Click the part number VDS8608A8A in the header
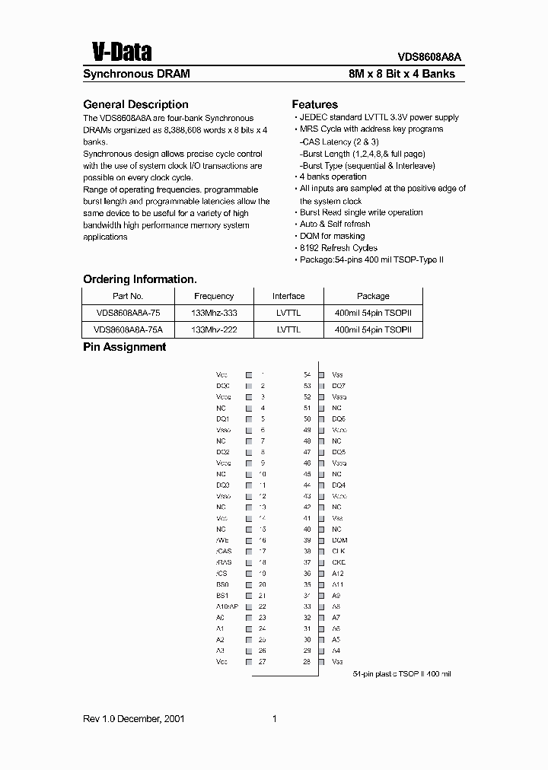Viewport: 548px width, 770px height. tap(429, 56)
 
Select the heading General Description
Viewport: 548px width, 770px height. tap(135, 104)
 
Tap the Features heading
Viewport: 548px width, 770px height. tap(314, 104)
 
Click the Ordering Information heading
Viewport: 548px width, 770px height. tap(140, 279)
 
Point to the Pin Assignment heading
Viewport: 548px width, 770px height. tap(124, 347)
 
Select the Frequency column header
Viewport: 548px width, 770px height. tap(214, 296)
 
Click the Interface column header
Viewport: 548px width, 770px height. tap(288, 296)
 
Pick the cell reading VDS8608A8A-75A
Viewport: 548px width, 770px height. tap(128, 329)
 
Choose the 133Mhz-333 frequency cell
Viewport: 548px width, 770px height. tap(214, 313)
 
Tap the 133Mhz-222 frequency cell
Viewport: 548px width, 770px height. tap(214, 329)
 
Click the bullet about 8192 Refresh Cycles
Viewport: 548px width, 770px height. tap(338, 248)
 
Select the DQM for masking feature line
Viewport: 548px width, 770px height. tap(332, 236)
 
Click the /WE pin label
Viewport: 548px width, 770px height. tap(221, 540)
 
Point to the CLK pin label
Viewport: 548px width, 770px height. tap(339, 551)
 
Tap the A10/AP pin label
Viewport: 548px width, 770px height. tap(227, 606)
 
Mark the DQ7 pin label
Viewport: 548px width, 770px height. tap(339, 386)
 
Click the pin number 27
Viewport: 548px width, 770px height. tap(262, 662)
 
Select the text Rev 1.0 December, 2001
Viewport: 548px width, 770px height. tap(134, 719)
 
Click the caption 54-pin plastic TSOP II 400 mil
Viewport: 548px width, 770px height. tap(402, 674)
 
